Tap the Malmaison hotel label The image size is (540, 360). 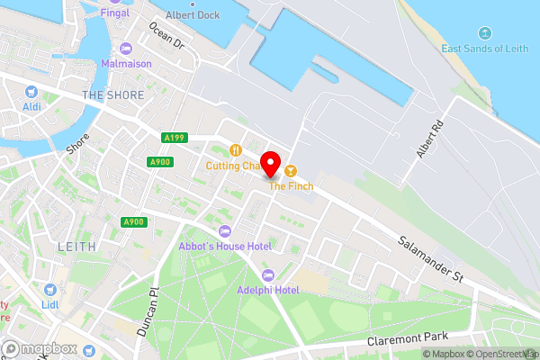pos(125,65)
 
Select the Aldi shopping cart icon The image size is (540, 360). pos(31,91)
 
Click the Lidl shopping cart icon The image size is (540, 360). pos(50,290)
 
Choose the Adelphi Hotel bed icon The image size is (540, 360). pos(266,274)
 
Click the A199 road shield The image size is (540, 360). pos(175,138)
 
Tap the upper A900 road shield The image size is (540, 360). pos(158,162)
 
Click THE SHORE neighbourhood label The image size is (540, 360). pos(107,94)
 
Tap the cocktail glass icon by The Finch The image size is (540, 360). pos(290,170)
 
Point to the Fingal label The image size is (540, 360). pos(115,13)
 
